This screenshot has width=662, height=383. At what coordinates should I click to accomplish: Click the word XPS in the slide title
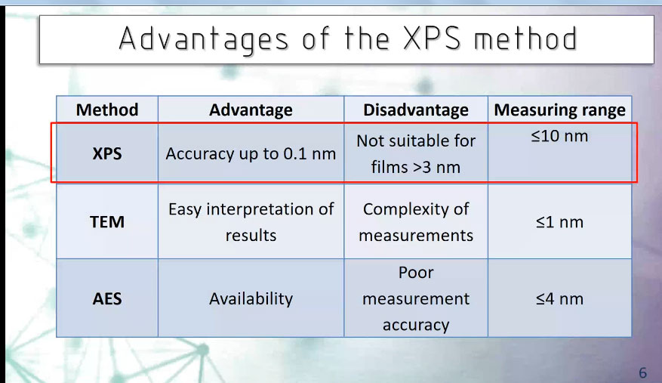click(432, 38)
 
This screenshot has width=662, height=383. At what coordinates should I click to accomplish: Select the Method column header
click(107, 110)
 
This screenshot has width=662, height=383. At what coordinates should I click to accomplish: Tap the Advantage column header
click(251, 110)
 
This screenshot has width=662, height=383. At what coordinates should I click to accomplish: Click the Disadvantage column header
click(416, 110)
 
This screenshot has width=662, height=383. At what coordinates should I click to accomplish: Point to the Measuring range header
click(560, 110)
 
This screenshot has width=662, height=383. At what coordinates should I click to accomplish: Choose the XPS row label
click(107, 153)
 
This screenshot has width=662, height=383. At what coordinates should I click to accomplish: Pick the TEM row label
click(107, 222)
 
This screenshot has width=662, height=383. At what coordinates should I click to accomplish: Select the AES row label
click(107, 299)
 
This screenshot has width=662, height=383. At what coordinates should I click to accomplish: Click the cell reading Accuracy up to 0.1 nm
click(251, 154)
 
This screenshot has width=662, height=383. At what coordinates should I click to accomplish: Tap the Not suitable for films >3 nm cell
click(416, 154)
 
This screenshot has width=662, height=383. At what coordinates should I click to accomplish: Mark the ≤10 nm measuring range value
click(560, 136)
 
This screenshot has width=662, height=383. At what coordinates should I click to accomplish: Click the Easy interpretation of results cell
click(251, 222)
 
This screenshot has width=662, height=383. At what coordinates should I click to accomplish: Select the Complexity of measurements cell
click(416, 222)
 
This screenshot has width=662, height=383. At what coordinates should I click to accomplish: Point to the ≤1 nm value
click(560, 222)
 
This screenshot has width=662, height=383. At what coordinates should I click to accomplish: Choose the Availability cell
click(251, 299)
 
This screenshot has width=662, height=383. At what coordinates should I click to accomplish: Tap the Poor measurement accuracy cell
click(416, 298)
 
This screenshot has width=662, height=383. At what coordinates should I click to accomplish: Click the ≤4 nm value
click(560, 299)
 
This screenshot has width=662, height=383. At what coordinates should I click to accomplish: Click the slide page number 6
click(642, 372)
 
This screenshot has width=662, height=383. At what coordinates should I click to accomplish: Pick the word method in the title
click(525, 38)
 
